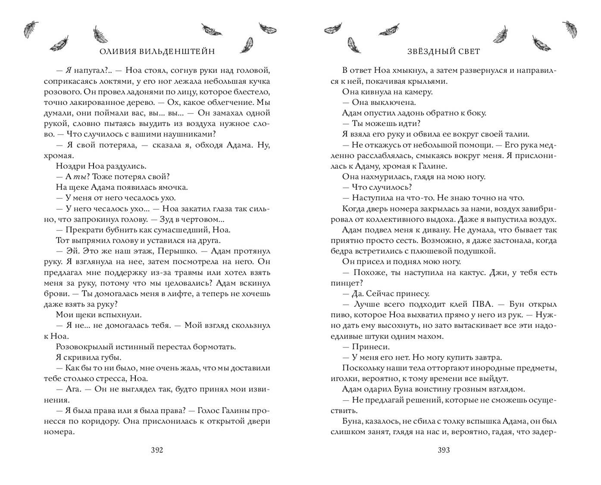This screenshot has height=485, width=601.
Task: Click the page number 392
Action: [157, 451]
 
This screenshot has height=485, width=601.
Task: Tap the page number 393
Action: [444, 451]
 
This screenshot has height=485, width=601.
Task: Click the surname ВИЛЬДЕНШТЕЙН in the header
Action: [172, 52]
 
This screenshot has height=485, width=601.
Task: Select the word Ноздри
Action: [71, 166]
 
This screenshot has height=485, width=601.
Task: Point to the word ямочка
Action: [173, 187]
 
